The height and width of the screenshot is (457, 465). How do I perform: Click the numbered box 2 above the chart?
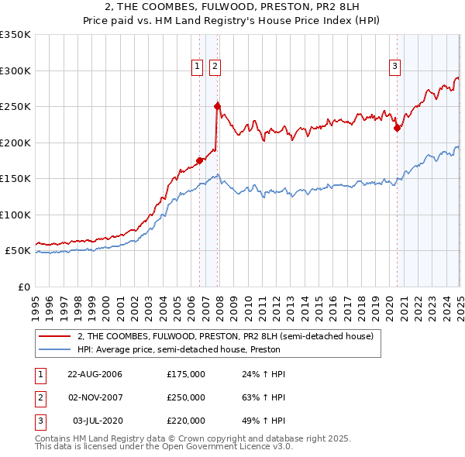pyautogui.click(x=215, y=67)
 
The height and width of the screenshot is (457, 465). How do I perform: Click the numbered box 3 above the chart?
pyautogui.click(x=394, y=67)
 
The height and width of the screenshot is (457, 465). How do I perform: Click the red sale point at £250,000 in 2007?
pyautogui.click(x=218, y=106)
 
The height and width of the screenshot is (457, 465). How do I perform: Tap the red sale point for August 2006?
pyautogui.click(x=200, y=160)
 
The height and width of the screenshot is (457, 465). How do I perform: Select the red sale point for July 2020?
pyautogui.click(x=398, y=128)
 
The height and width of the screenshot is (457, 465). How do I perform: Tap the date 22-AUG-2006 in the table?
pyautogui.click(x=95, y=374)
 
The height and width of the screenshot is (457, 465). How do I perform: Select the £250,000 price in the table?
pyautogui.click(x=186, y=397)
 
